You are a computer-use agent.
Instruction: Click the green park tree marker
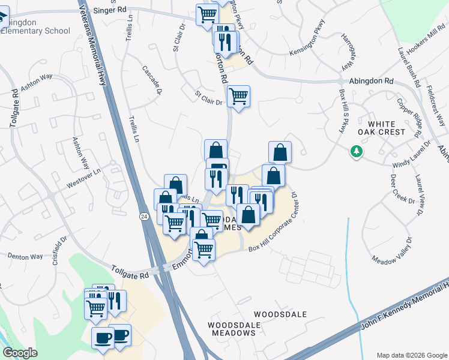coord(357,151)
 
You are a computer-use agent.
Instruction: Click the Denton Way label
coord(25,257)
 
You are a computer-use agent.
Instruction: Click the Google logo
coord(20,353)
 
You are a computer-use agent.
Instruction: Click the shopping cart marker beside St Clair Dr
coord(239,96)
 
